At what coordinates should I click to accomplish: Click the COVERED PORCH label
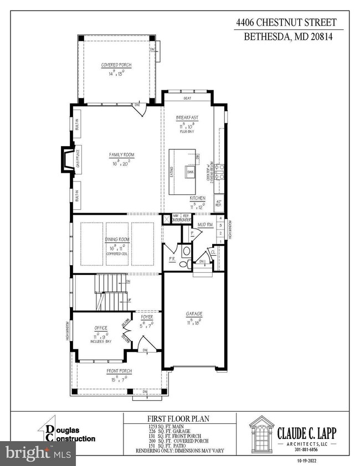(116, 65)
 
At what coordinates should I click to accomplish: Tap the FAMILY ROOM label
(121, 155)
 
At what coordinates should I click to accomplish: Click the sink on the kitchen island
(189, 173)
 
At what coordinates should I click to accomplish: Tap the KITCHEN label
(198, 198)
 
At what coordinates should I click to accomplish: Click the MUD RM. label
(205, 224)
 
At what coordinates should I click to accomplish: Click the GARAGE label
(194, 314)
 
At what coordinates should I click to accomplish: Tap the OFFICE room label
(100, 328)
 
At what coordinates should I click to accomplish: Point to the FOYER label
(147, 317)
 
